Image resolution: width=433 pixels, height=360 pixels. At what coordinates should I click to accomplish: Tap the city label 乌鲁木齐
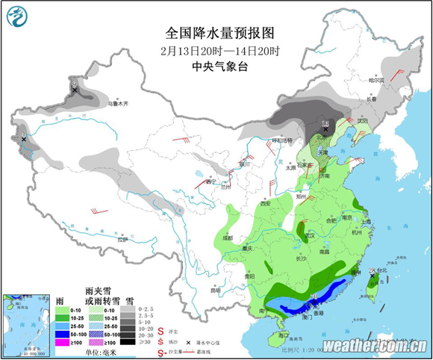[x=118, y=103]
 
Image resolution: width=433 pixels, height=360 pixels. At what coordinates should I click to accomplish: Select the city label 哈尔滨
[x=377, y=80]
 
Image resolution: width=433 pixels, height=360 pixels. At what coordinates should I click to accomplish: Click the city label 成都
[x=227, y=237]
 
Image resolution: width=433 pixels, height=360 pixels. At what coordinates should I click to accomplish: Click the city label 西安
[x=264, y=203]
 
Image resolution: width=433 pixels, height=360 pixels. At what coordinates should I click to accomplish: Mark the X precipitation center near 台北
[x=371, y=276]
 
